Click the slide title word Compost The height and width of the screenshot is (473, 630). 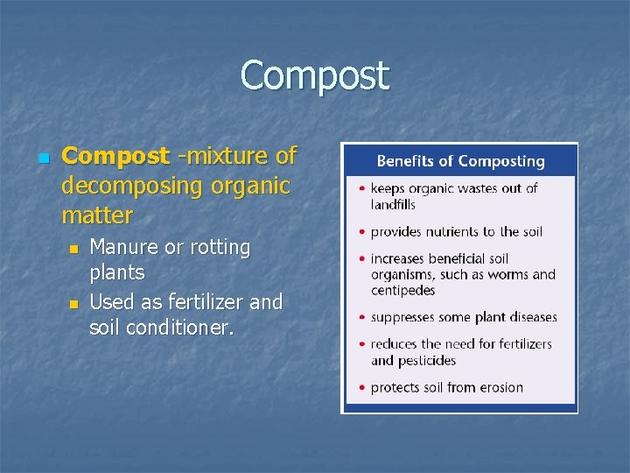click(x=314, y=75)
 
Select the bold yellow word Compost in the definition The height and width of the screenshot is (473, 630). click(x=115, y=157)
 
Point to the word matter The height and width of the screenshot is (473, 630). click(x=97, y=215)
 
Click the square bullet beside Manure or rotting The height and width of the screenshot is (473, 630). click(x=73, y=250)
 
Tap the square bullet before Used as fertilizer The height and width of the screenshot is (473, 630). click(x=73, y=304)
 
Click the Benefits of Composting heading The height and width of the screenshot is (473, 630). click(x=460, y=161)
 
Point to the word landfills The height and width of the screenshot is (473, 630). click(x=393, y=205)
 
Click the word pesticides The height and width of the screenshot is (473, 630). click(x=425, y=361)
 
